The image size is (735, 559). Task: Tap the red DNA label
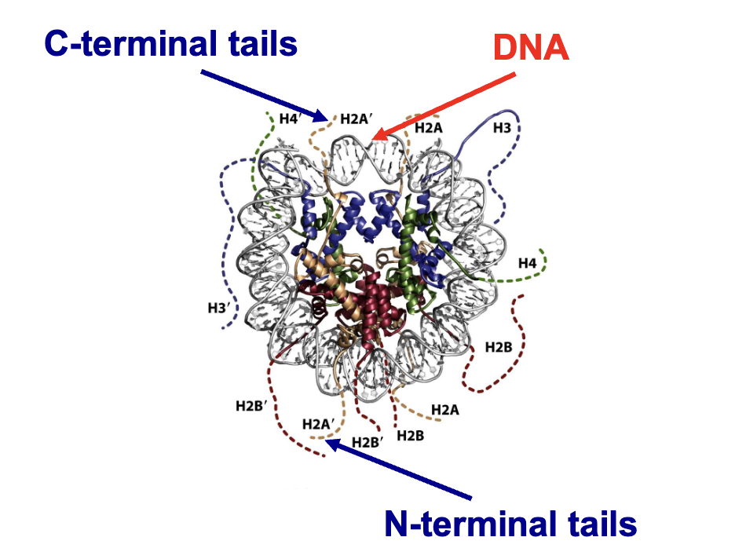point(531,49)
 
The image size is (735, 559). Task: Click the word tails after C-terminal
point(256,42)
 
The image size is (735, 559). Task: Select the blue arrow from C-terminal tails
point(263,95)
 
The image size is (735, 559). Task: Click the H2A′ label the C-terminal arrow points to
point(356,121)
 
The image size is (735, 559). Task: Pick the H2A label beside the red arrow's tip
point(429,127)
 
